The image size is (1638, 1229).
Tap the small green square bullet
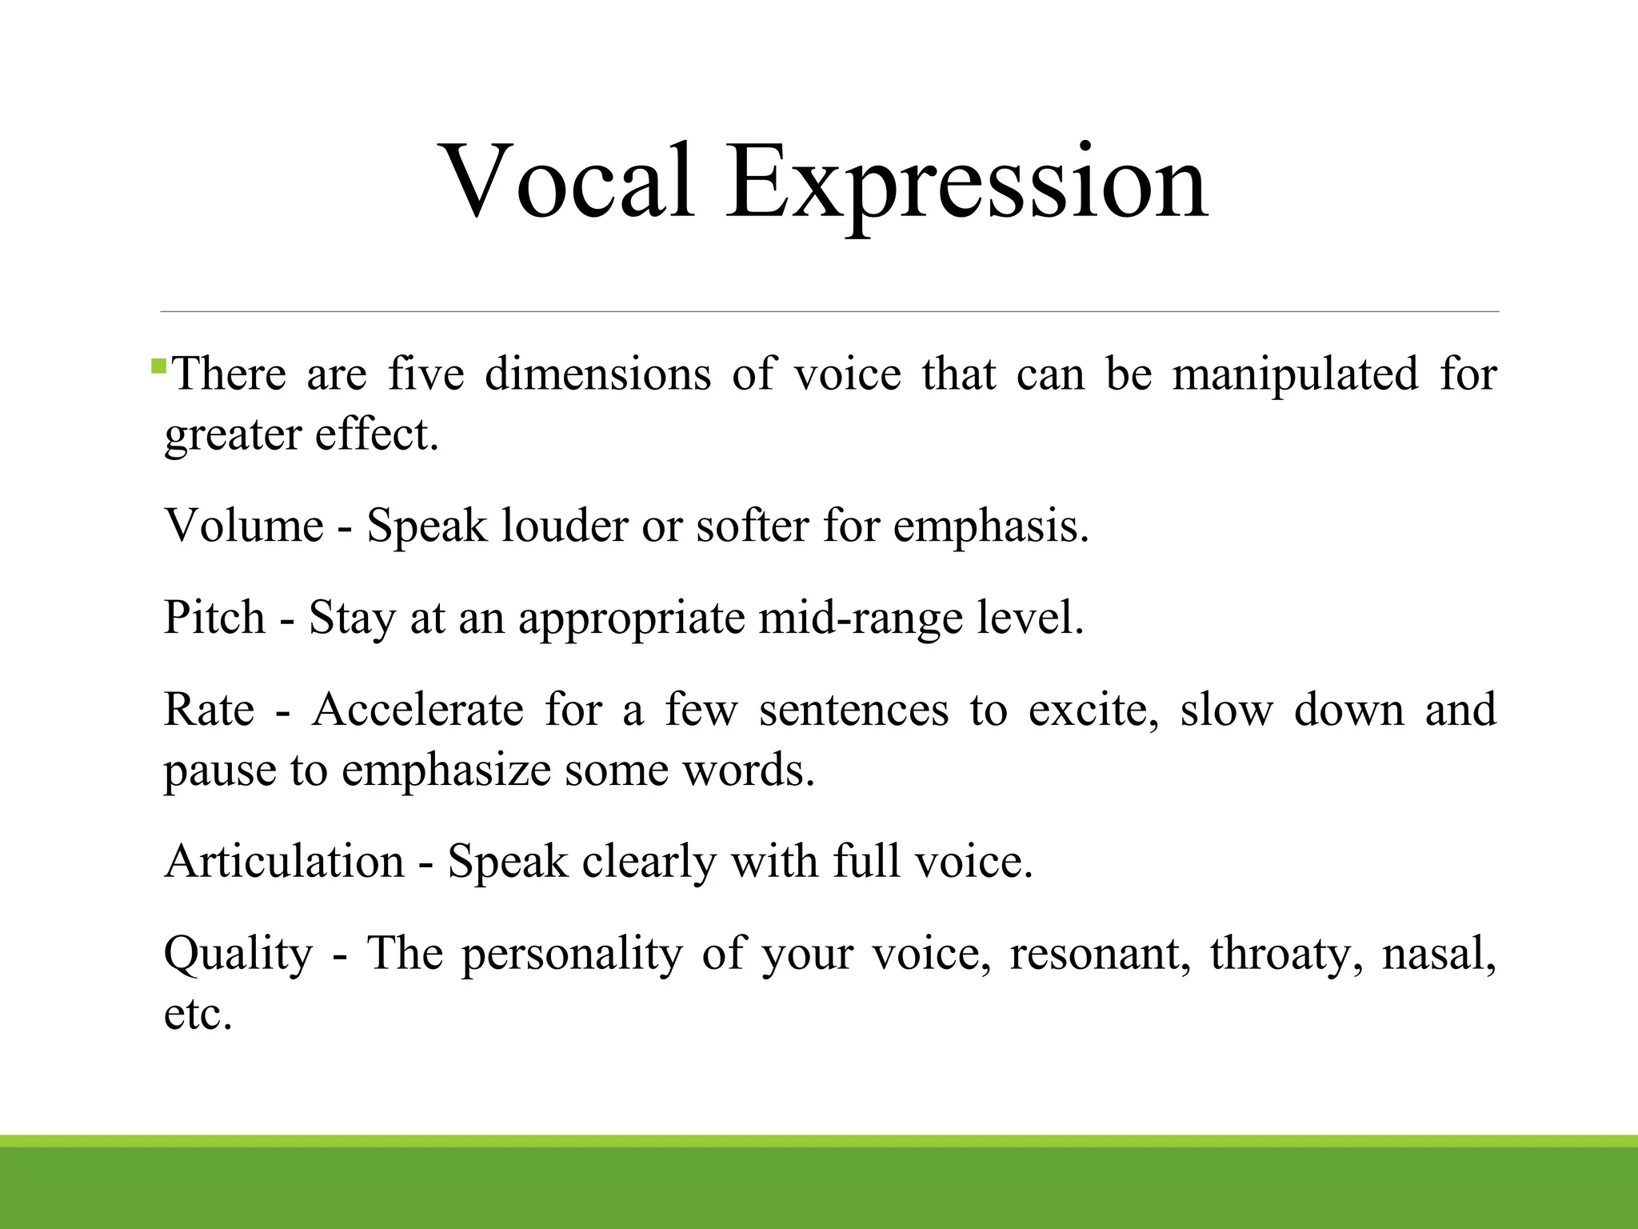point(158,367)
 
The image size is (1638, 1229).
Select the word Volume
point(244,526)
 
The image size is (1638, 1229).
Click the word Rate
point(209,710)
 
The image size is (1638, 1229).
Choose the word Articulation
point(284,862)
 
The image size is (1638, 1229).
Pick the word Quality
point(238,955)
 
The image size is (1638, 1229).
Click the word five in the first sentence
point(426,374)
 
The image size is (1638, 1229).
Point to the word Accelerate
point(417,710)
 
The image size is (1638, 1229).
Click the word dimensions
point(597,374)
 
